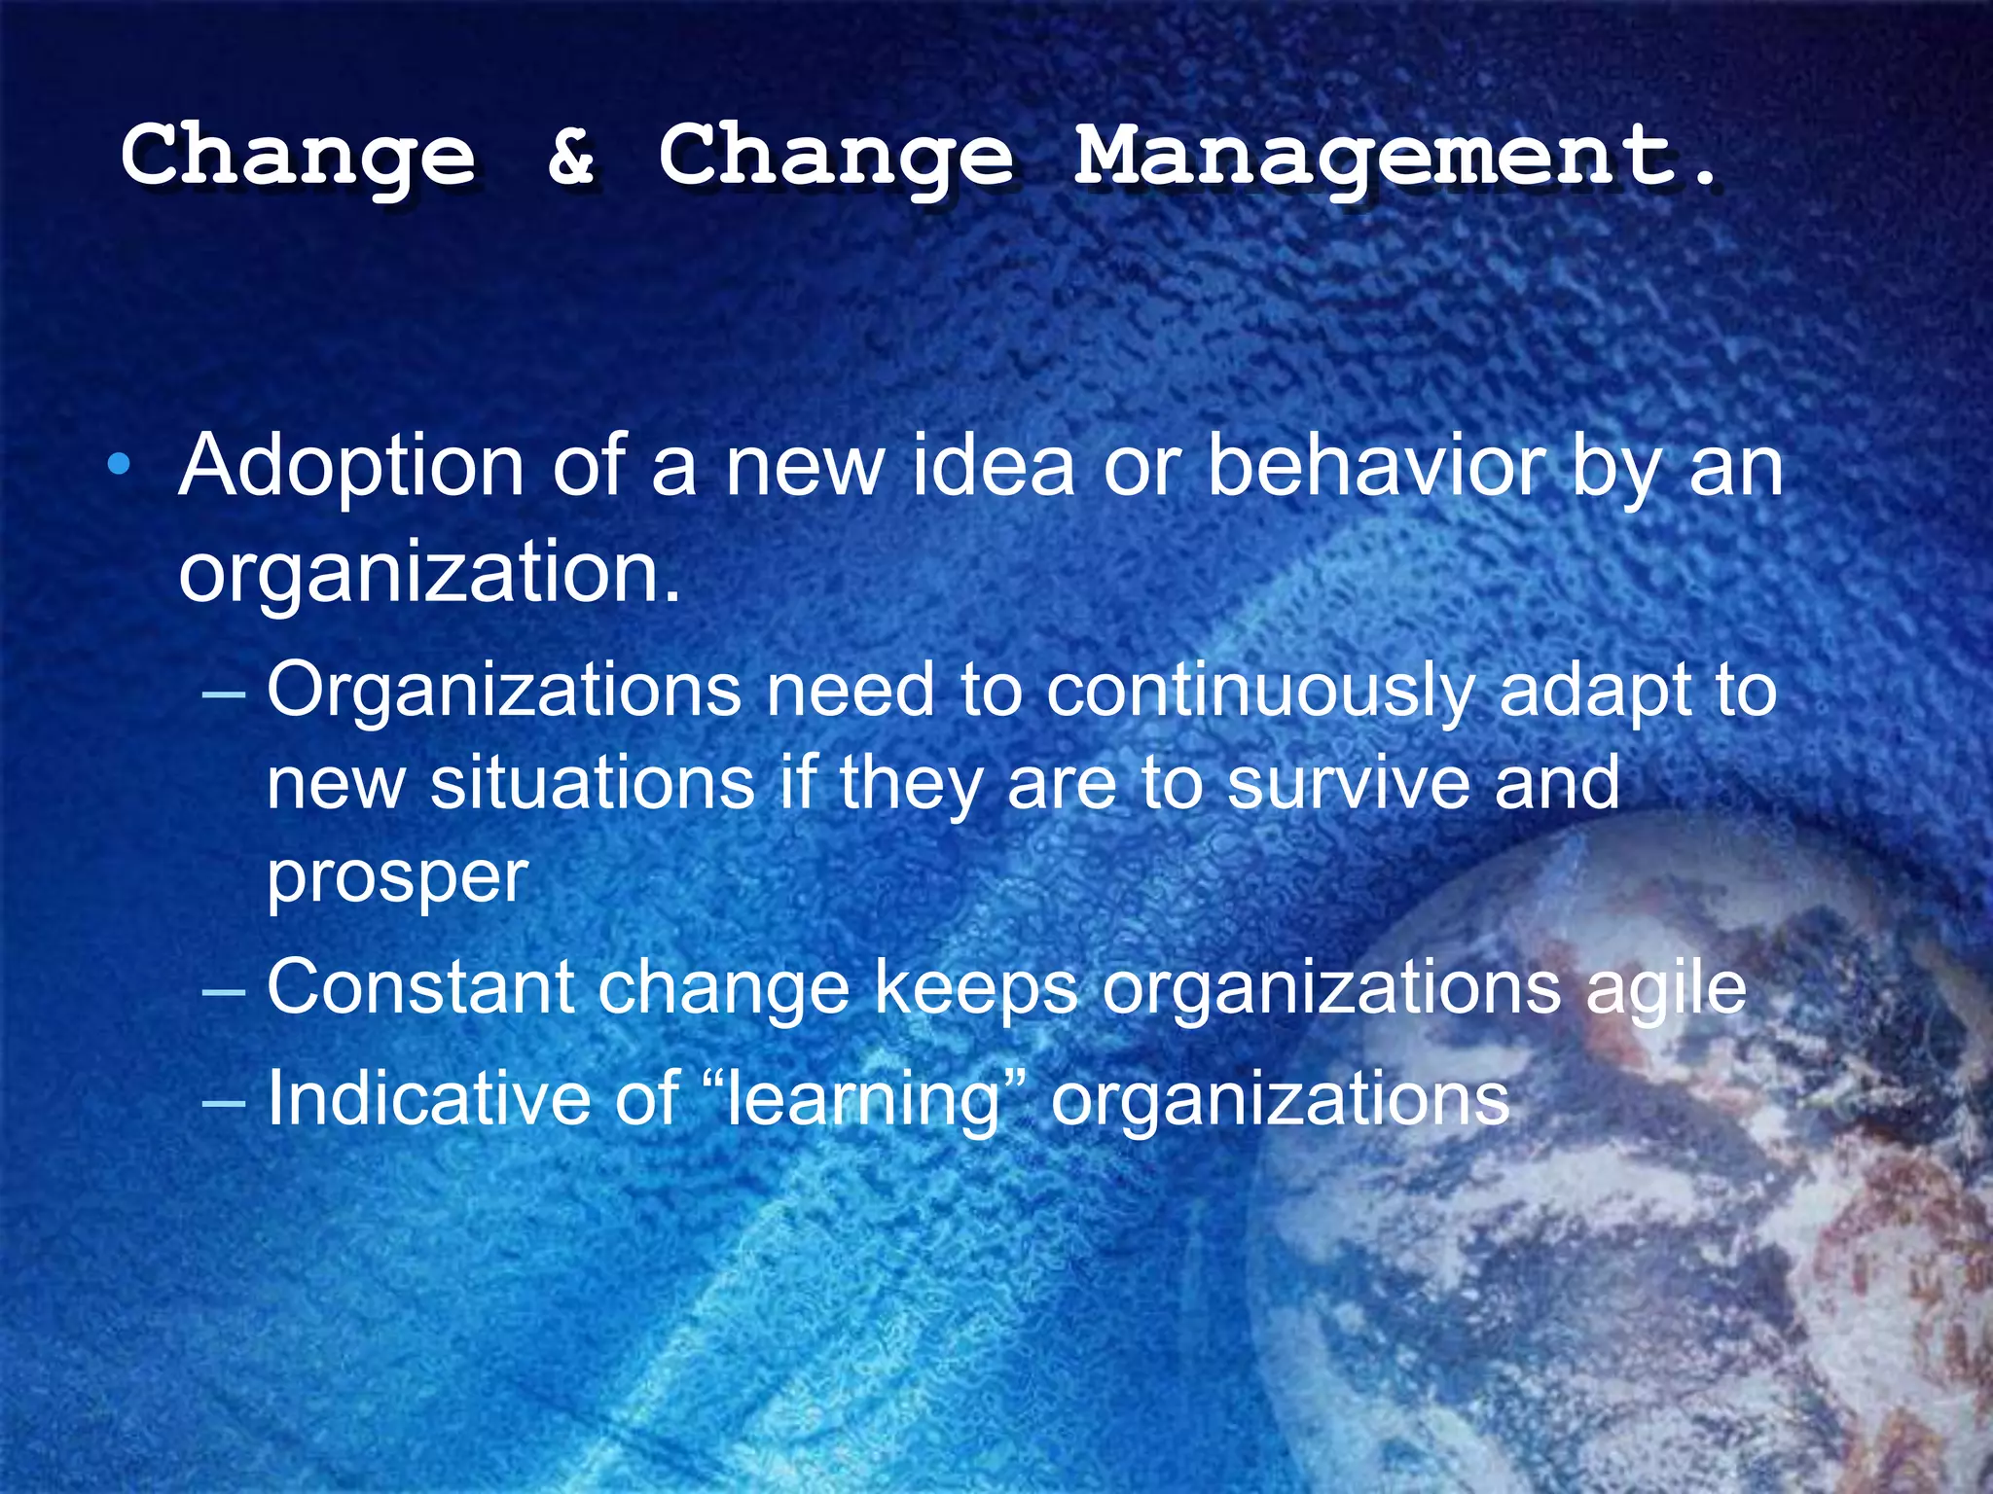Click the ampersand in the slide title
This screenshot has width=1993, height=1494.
[x=571, y=156]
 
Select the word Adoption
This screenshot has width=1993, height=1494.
[x=352, y=469]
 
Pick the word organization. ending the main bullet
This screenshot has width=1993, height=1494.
[x=429, y=574]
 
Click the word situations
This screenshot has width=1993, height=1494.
[x=592, y=784]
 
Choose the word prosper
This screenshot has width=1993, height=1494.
[x=397, y=878]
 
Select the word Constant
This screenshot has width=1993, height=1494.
[x=420, y=988]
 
